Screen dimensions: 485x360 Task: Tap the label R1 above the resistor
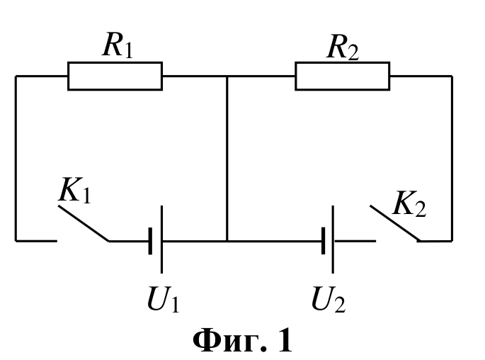pyautogui.click(x=118, y=45)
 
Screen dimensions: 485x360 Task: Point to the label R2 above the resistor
pyautogui.click(x=343, y=47)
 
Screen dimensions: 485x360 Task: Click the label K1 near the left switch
pyautogui.click(x=74, y=190)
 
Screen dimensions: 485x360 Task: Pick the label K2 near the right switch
pyautogui.click(x=409, y=203)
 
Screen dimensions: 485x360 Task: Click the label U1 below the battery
pyautogui.click(x=164, y=299)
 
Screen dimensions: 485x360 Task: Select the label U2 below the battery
pyautogui.click(x=329, y=299)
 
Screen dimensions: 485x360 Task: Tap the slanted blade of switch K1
pyautogui.click(x=84, y=223)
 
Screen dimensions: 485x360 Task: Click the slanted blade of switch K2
pyautogui.click(x=395, y=223)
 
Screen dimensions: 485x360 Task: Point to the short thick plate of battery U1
pyautogui.click(x=150, y=241)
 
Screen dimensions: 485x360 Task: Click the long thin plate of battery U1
pyautogui.click(x=161, y=240)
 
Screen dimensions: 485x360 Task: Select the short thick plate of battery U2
pyautogui.click(x=324, y=240)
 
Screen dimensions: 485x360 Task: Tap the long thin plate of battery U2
pyautogui.click(x=333, y=240)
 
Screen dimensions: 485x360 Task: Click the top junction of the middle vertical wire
pyautogui.click(x=227, y=76)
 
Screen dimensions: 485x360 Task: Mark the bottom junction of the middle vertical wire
pyautogui.click(x=227, y=240)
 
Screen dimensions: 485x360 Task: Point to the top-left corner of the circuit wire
pyautogui.click(x=16, y=76)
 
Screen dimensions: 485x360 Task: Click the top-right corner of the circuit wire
pyautogui.click(x=452, y=76)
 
